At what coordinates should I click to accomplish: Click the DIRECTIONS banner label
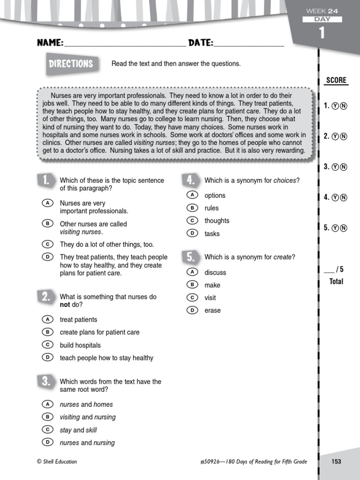71,64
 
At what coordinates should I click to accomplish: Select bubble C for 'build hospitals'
47,345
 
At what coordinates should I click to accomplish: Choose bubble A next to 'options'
191,195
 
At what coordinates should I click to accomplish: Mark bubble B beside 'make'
191,285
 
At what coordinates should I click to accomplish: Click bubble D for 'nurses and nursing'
47,442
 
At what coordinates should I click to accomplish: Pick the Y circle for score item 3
335,167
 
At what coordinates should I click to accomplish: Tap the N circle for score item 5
344,228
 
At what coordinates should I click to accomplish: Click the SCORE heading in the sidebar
336,80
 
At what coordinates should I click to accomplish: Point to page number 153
336,462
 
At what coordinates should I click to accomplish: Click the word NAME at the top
50,43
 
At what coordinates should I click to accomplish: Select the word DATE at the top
201,43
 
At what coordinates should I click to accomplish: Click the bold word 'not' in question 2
65,305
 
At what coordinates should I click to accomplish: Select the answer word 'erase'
212,310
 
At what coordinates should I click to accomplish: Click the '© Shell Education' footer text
57,462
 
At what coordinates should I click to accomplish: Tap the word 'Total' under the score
336,281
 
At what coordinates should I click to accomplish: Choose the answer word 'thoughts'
217,221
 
